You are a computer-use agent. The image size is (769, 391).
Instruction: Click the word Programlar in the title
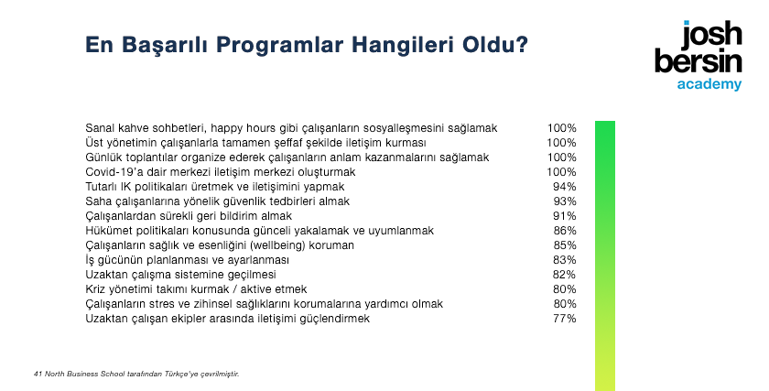pos(279,45)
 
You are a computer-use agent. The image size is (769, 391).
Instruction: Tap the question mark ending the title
pos(522,44)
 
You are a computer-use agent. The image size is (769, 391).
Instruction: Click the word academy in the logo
pos(709,84)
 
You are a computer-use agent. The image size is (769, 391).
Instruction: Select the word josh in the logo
pos(712,36)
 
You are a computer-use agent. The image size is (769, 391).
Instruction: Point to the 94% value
pos(565,187)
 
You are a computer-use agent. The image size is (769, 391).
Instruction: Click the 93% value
pos(565,201)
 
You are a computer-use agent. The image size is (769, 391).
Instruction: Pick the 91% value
pos(565,216)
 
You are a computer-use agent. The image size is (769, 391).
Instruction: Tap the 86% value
pos(565,231)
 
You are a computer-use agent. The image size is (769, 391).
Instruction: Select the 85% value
pos(565,245)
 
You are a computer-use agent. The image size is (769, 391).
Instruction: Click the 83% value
pos(565,260)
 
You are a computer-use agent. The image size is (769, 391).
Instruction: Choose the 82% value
pos(565,275)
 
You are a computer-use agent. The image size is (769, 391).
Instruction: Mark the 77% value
pos(565,319)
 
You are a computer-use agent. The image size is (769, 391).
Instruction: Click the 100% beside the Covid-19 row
pos(562,172)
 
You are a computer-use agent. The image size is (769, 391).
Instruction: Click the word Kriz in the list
pos(94,289)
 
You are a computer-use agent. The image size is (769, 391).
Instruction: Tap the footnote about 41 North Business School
pos(136,375)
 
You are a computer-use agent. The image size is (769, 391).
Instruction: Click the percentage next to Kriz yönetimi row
pos(565,289)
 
